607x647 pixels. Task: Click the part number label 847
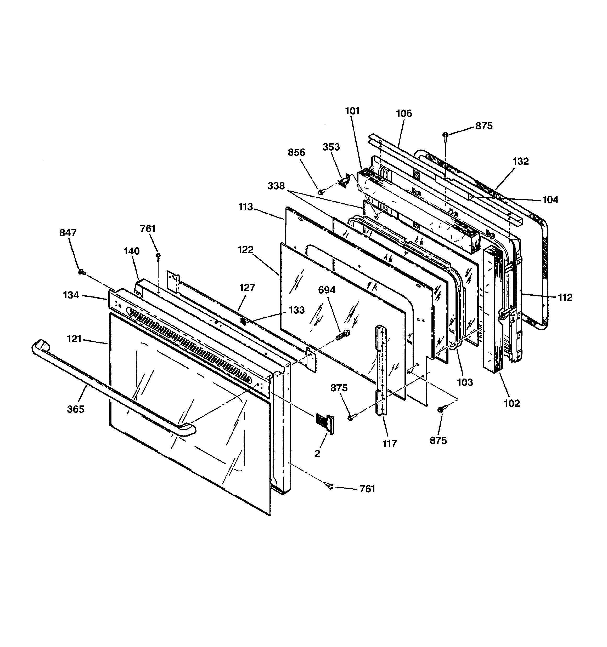pyautogui.click(x=68, y=233)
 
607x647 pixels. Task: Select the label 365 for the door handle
pyautogui.click(x=76, y=409)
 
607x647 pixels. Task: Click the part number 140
pyautogui.click(x=131, y=251)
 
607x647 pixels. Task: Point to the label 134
pyautogui.click(x=71, y=295)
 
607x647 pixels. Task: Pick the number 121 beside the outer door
pyautogui.click(x=74, y=339)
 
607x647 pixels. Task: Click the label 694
pyautogui.click(x=327, y=290)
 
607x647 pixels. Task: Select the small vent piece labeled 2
pyautogui.click(x=324, y=423)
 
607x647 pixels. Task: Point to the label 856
pyautogui.click(x=296, y=152)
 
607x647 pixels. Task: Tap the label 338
pyautogui.click(x=276, y=186)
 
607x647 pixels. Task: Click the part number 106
pyautogui.click(x=404, y=113)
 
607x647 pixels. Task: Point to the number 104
pyautogui.click(x=550, y=199)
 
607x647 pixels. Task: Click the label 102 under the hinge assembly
pyautogui.click(x=512, y=403)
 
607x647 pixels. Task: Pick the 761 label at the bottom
pyautogui.click(x=367, y=498)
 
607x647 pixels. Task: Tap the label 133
pyautogui.click(x=296, y=310)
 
